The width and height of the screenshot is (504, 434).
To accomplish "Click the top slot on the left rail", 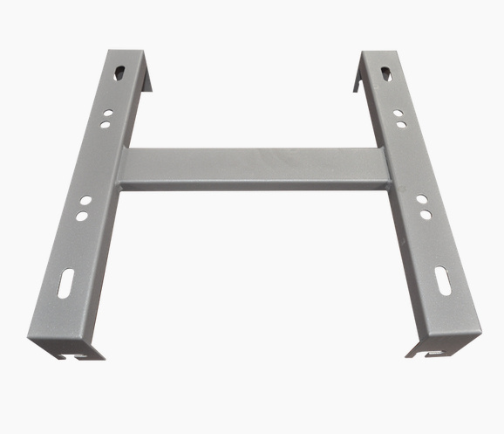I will pyautogui.click(x=121, y=72).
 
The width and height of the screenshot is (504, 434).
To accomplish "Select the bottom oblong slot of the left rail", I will pyautogui.click(x=68, y=284).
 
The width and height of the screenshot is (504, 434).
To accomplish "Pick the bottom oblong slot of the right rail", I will pyautogui.click(x=442, y=282).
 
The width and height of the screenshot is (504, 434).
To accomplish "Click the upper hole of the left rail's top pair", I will pyautogui.click(x=107, y=113).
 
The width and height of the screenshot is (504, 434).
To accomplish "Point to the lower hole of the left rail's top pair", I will pyautogui.click(x=105, y=124).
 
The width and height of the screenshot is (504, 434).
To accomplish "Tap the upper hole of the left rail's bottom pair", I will pyautogui.click(x=85, y=202).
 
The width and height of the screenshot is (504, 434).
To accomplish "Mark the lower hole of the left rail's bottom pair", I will pyautogui.click(x=81, y=215).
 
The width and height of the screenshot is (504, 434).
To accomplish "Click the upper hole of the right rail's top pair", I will pyautogui.click(x=398, y=113).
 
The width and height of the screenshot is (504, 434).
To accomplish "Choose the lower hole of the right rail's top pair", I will pyautogui.click(x=401, y=124).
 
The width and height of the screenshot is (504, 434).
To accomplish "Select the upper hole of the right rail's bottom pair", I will pyautogui.click(x=421, y=199).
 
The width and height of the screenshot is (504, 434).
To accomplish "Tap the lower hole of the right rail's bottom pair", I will pyautogui.click(x=426, y=213).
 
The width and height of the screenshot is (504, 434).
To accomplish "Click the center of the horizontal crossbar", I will pyautogui.click(x=253, y=168).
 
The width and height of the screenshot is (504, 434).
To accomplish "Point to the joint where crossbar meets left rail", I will pyautogui.click(x=122, y=169).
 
